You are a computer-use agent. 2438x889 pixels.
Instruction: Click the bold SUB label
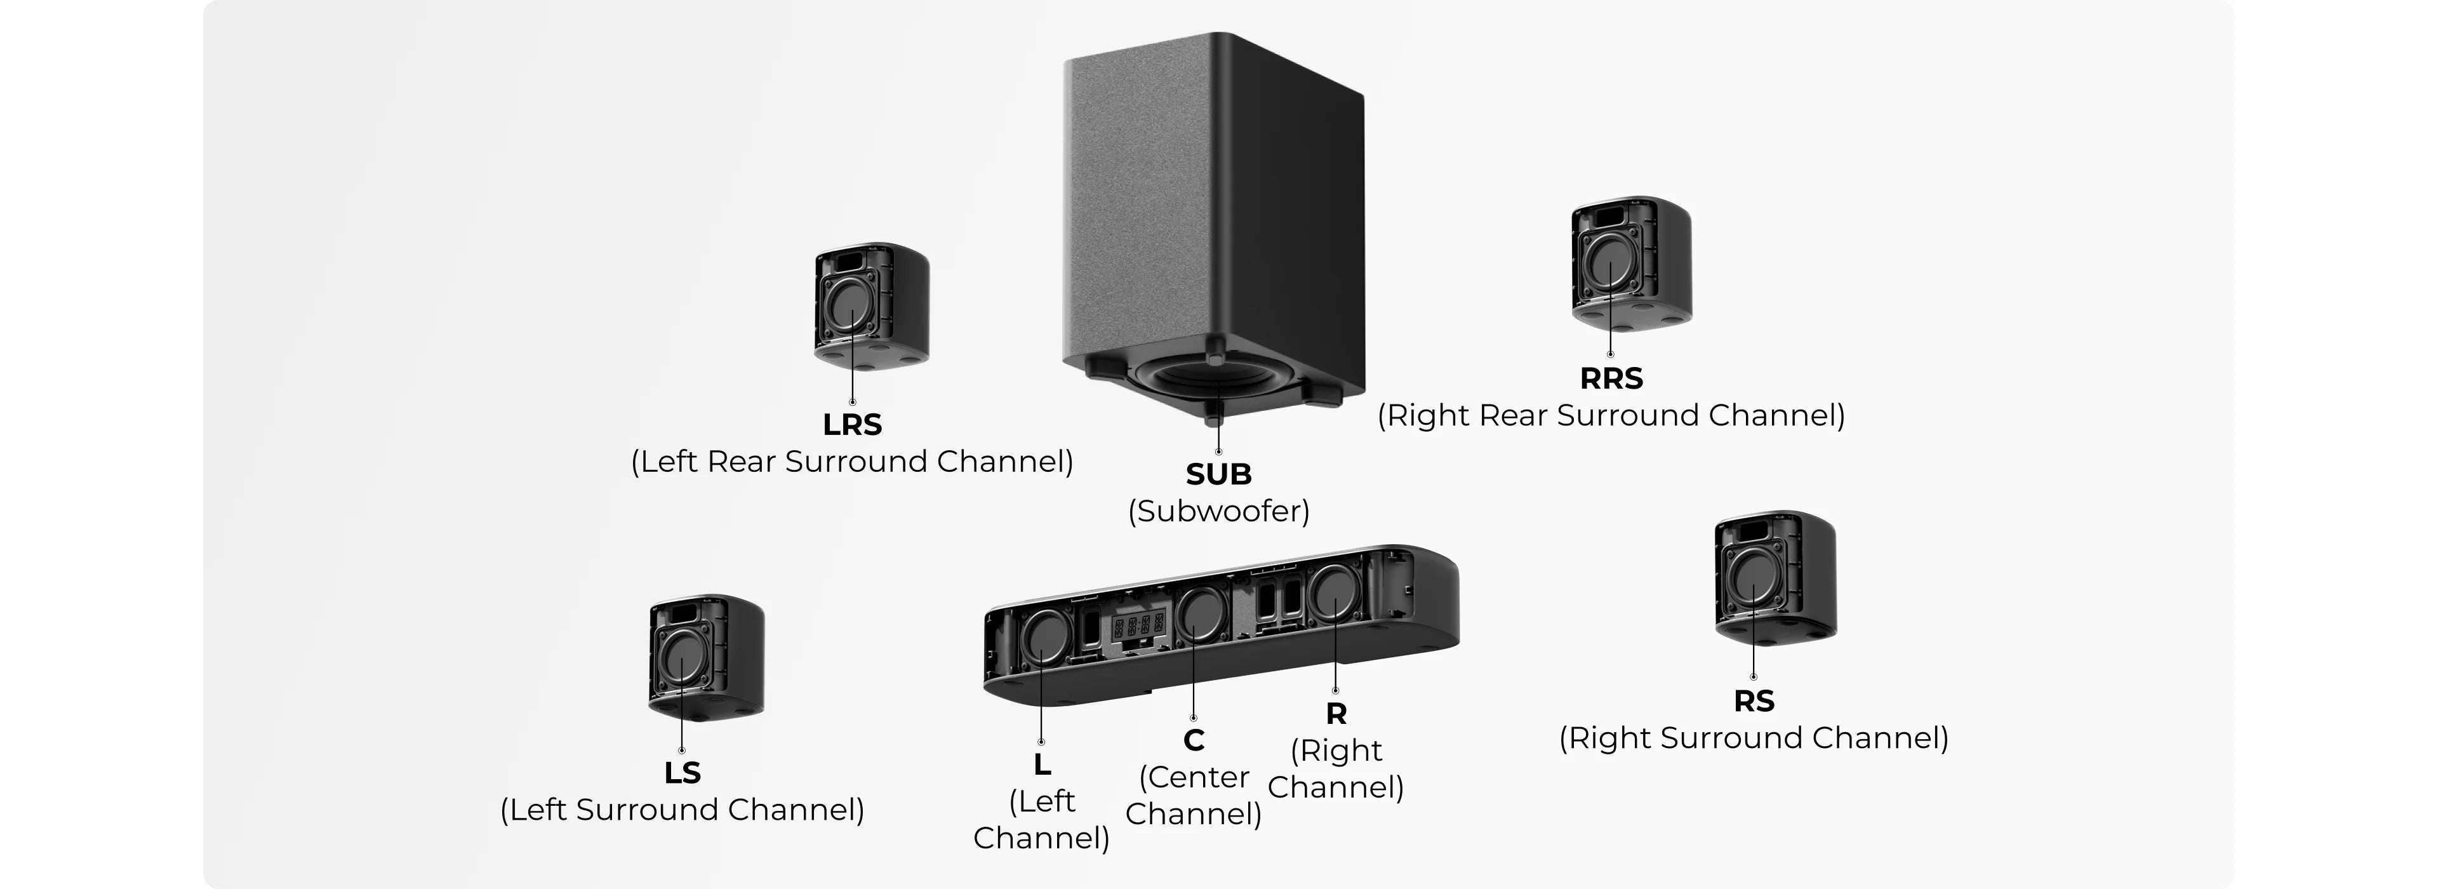coord(1218,473)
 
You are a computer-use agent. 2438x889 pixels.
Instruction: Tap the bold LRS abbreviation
coord(852,424)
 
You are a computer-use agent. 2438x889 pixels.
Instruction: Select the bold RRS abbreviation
coord(1611,378)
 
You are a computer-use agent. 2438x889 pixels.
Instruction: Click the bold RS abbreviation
coord(1754,702)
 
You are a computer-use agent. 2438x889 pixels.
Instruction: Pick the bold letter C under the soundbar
coord(1194,739)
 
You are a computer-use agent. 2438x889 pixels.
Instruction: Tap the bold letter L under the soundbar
coord(1042,764)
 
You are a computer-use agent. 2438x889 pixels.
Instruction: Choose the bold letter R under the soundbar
coord(1335,713)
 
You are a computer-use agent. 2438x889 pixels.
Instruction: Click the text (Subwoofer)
coord(1218,511)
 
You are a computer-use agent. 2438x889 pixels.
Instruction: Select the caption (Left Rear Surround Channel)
coord(852,462)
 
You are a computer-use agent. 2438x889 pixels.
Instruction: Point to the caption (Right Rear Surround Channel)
coord(1611,416)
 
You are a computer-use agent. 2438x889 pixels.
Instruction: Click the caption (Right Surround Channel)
coord(1754,739)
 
